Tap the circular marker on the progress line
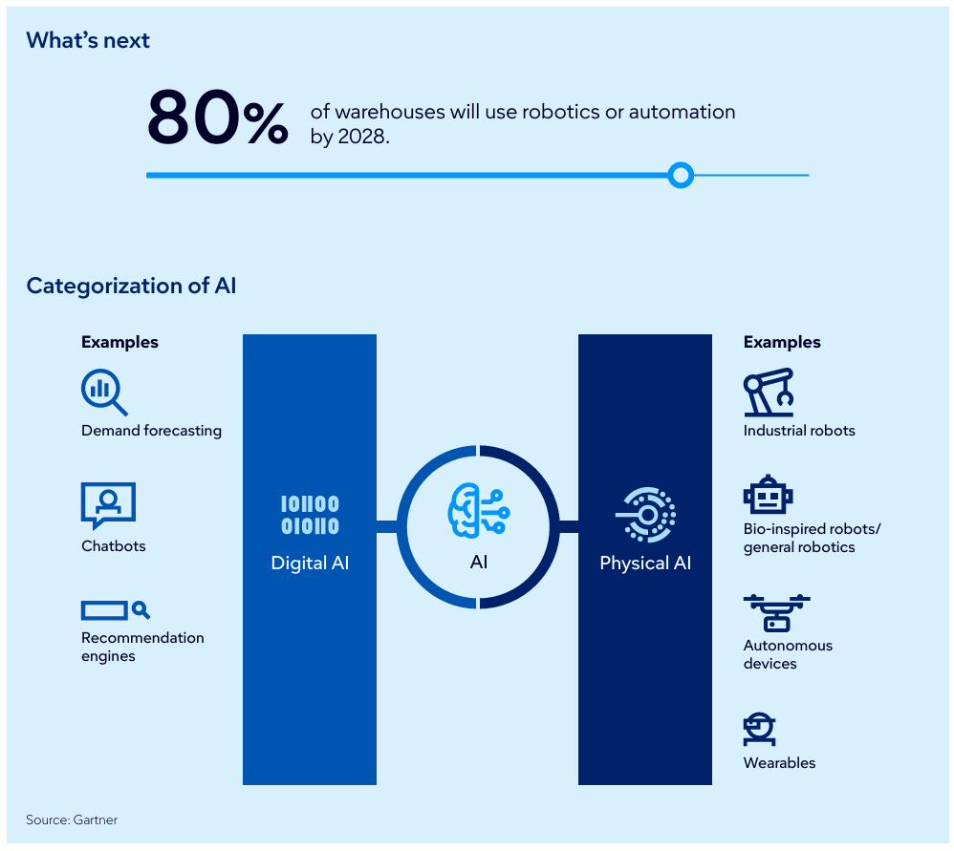point(681,175)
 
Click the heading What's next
point(88,40)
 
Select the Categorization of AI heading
point(131,286)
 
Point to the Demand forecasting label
point(151,431)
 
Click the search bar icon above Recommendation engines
point(116,609)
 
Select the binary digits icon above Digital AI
point(310,515)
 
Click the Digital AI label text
point(310,564)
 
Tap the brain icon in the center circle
point(478,513)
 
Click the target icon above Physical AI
point(645,515)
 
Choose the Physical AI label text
point(645,564)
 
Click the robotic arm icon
point(769,393)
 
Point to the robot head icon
point(769,495)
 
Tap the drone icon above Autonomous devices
point(776,612)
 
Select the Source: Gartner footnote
point(72,819)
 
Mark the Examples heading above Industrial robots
point(782,342)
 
